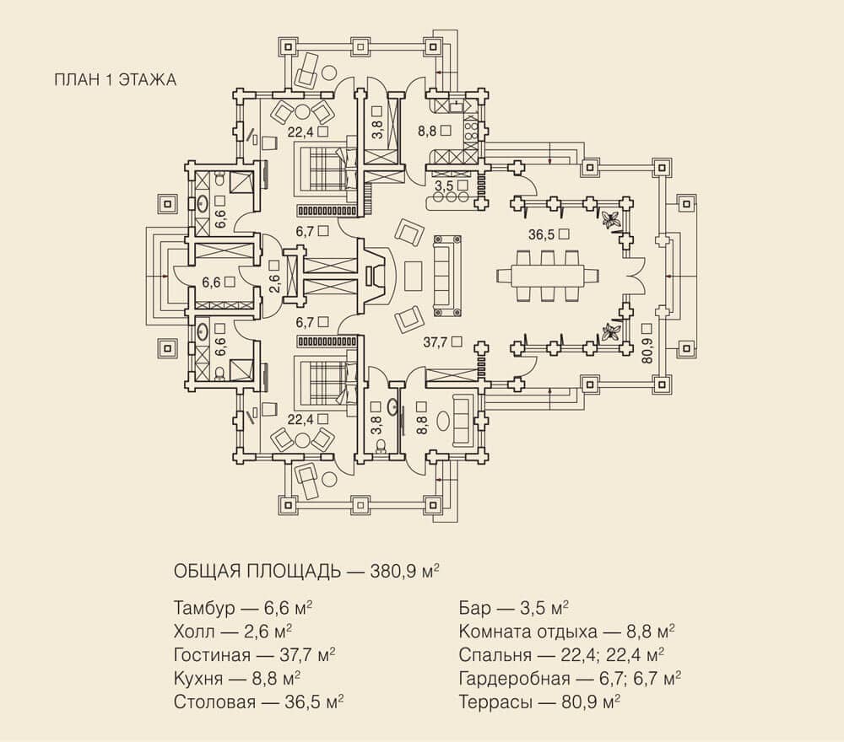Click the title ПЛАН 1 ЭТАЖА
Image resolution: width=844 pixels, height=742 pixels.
click(x=115, y=79)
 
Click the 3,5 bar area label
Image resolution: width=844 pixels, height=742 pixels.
click(x=444, y=186)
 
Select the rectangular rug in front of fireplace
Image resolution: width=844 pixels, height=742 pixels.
click(x=413, y=276)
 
